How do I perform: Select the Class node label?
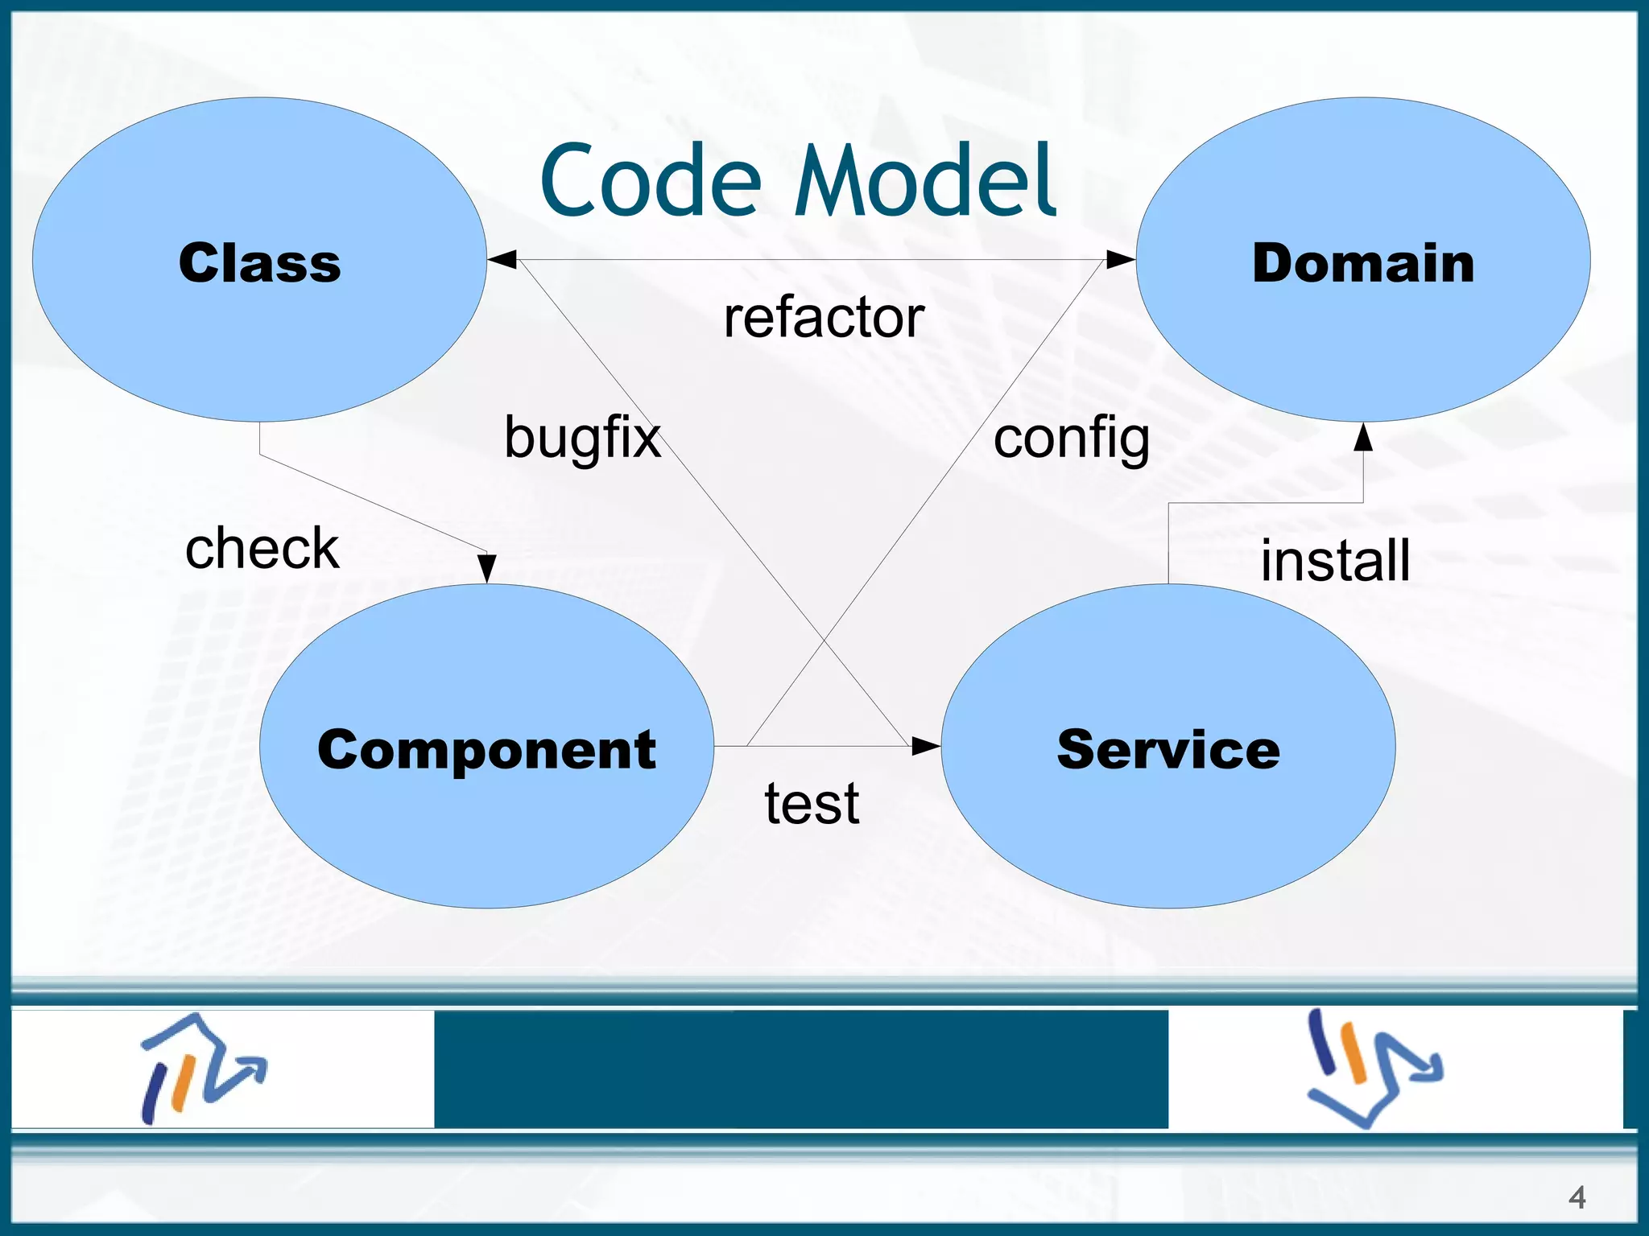pyautogui.click(x=259, y=263)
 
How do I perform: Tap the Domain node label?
pyautogui.click(x=1362, y=263)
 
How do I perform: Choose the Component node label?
pyautogui.click(x=486, y=749)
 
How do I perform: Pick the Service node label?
pyautogui.click(x=1168, y=749)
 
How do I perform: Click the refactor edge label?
pyautogui.click(x=823, y=317)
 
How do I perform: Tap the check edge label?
pyautogui.click(x=262, y=548)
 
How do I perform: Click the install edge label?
pyautogui.click(x=1335, y=560)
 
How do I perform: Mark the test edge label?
pyautogui.click(x=812, y=803)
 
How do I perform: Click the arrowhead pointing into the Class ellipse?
pyautogui.click(x=502, y=259)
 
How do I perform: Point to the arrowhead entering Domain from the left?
pyautogui.click(x=1120, y=259)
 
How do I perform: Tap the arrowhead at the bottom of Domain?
pyautogui.click(x=1362, y=437)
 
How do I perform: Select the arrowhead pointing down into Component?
pyautogui.click(x=486, y=568)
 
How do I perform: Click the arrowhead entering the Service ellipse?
pyautogui.click(x=925, y=746)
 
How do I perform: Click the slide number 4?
pyautogui.click(x=1577, y=1197)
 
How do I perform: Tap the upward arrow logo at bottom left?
pyautogui.click(x=201, y=1069)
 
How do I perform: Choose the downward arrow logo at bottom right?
pyautogui.click(x=1374, y=1069)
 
